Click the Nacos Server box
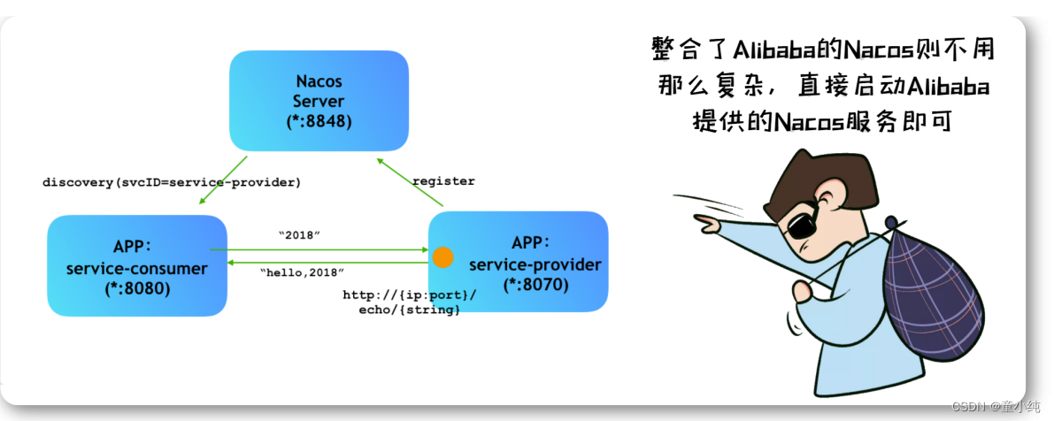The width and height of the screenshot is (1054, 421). [319, 100]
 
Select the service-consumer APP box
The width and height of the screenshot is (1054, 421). [136, 265]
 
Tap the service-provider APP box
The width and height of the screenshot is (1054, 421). [519, 262]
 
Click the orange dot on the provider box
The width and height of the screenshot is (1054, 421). [442, 257]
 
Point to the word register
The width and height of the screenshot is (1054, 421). [443, 181]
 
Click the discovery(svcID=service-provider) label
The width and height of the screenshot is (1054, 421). [172, 182]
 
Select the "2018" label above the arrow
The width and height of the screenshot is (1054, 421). [298, 234]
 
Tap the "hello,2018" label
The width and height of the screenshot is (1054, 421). [302, 272]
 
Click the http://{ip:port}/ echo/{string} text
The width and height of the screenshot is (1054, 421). [410, 302]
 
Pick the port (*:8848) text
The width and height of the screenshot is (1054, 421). [319, 121]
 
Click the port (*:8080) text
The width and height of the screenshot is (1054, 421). [136, 288]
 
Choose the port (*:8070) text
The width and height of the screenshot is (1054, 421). [535, 285]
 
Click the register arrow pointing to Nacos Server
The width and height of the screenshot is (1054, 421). [408, 182]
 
